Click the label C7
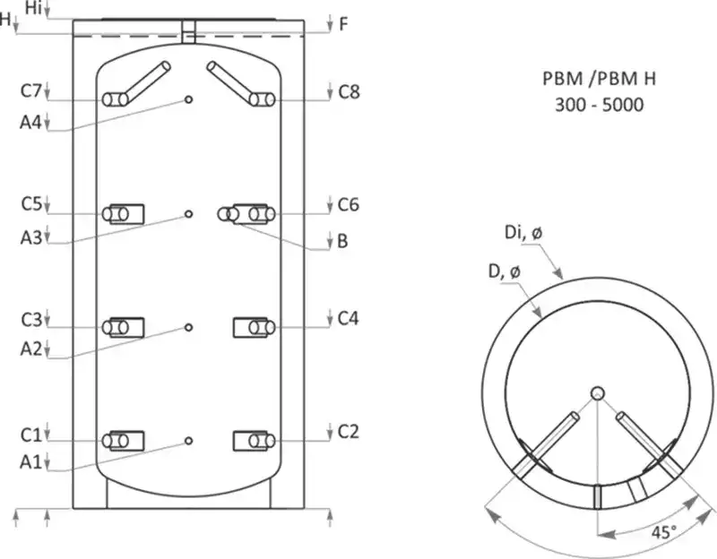click(31, 91)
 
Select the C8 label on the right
click(349, 90)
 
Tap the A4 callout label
click(31, 123)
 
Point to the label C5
click(31, 205)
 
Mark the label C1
click(31, 434)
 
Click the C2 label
click(349, 432)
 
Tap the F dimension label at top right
click(343, 24)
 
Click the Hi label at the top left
click(34, 7)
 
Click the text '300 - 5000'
click(599, 105)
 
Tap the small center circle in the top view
click(598, 392)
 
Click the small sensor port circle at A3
click(188, 213)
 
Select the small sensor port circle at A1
click(188, 441)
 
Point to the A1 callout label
click(31, 463)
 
